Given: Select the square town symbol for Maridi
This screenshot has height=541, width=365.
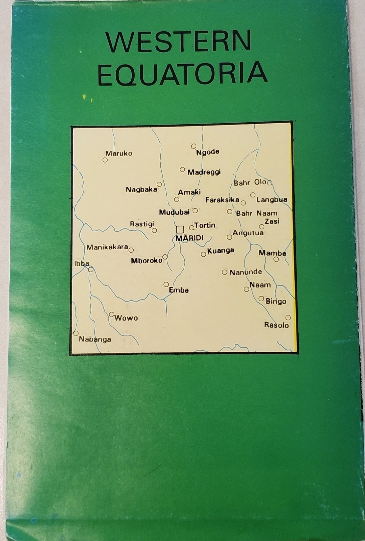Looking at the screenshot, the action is (180, 229).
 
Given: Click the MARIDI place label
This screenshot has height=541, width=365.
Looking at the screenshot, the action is (189, 238).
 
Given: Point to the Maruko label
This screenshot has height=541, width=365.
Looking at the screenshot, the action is (119, 153).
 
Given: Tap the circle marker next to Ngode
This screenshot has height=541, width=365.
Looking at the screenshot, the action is (193, 146).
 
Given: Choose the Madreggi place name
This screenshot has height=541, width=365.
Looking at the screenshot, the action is (204, 172).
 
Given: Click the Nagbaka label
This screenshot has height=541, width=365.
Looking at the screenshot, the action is (141, 189).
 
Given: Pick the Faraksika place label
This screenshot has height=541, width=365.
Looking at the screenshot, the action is (222, 200).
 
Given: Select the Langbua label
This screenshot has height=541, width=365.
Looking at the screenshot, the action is (272, 200).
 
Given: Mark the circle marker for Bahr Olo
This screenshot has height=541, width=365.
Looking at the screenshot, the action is (270, 183).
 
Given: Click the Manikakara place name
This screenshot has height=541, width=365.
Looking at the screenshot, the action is (107, 247).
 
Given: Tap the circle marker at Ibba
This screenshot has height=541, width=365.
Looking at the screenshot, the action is (91, 269).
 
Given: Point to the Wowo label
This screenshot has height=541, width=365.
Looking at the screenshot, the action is (126, 318).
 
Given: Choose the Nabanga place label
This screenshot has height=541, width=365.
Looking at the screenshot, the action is (95, 339).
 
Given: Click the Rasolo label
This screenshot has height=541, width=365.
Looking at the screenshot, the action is (276, 325).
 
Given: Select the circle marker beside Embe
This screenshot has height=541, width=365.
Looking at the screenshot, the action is (166, 284).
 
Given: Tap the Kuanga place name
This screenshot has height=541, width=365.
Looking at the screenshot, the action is (221, 251).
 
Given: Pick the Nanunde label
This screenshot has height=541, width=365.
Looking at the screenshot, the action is (246, 272).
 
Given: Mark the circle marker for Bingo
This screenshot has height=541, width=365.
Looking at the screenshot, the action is (261, 299).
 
